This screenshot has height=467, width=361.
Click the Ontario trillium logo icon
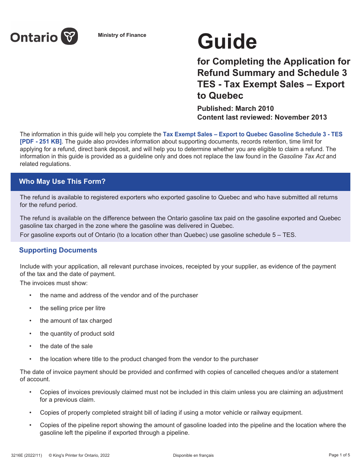[x=70, y=36]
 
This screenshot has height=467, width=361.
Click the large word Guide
[x=227, y=42]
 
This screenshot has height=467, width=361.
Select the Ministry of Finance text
[x=122, y=35]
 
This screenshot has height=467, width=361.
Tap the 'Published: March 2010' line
[x=235, y=109]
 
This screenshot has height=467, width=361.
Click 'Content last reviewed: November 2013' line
[x=262, y=117]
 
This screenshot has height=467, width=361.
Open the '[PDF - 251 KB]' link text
[x=41, y=142]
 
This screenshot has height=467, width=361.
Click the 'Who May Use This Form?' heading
[x=62, y=181]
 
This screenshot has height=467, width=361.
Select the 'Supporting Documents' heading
[x=58, y=250]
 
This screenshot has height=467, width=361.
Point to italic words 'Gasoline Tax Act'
[x=302, y=156]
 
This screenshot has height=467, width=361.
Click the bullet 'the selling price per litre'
[x=73, y=308]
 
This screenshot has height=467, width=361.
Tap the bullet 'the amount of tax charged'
[x=76, y=321]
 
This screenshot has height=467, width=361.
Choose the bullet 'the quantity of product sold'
[x=77, y=334]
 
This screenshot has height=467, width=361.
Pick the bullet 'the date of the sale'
[x=66, y=346]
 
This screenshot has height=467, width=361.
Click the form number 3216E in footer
[x=27, y=455]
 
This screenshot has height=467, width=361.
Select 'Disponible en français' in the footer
[x=193, y=455]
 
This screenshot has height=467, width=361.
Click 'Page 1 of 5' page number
[x=339, y=455]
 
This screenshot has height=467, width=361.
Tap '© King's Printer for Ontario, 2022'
[x=79, y=455]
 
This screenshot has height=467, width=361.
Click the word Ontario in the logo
[x=34, y=37]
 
